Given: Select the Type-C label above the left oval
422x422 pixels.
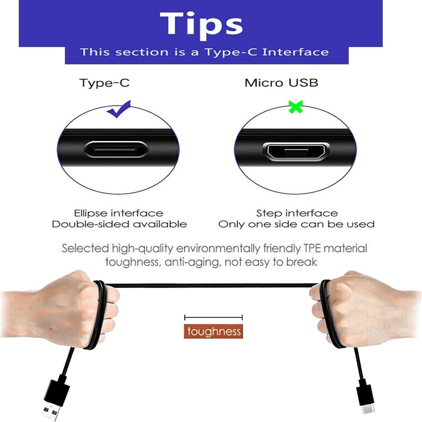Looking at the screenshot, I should [104, 83].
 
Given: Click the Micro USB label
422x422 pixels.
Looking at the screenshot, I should [281, 83].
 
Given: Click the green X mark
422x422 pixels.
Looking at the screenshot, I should [295, 107].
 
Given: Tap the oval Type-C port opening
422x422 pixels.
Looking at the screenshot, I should [116, 149].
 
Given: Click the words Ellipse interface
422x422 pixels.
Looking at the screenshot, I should [119, 213].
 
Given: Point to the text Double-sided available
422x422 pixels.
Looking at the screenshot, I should [119, 224].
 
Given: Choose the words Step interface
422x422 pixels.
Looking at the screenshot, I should [297, 213].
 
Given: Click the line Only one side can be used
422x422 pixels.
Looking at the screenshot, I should [296, 224].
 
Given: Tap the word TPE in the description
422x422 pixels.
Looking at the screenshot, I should [312, 248].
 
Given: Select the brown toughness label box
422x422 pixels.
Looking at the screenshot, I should [213, 331].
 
